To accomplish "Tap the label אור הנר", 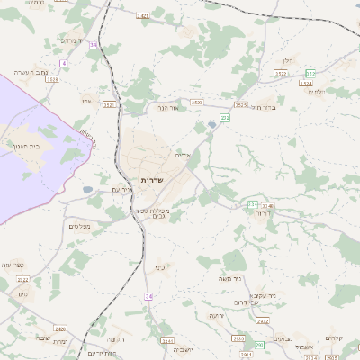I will click(169, 107).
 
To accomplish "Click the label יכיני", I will click(160, 267).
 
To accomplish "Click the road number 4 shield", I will click(64, 64).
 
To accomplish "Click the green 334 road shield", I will click(254, 205).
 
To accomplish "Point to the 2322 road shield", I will click(23, 280).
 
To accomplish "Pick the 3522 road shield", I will click(281, 74).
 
